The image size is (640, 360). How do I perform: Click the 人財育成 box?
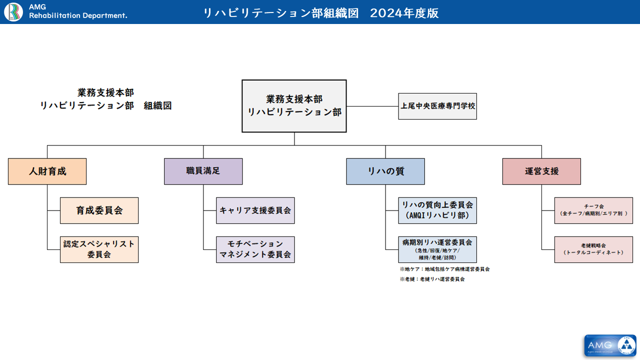click(x=47, y=171)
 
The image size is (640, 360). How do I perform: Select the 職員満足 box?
click(x=203, y=171)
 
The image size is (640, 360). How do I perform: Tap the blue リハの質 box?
click(x=385, y=171)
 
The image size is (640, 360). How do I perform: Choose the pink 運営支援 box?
click(x=541, y=171)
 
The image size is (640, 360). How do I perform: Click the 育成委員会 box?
click(x=99, y=210)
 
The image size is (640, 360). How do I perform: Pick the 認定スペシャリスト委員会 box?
click(x=99, y=249)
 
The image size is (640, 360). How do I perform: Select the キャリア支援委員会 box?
click(x=255, y=210)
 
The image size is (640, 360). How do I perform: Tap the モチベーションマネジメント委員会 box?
click(x=255, y=249)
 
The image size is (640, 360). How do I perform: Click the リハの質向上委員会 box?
click(x=437, y=210)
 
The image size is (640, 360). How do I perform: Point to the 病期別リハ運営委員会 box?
click(x=437, y=249)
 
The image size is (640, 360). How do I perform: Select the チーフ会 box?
click(x=593, y=210)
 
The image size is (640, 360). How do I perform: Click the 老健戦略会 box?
click(x=593, y=249)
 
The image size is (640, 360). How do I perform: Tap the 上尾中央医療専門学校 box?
click(x=437, y=106)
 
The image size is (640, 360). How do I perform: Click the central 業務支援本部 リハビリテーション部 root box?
click(x=294, y=106)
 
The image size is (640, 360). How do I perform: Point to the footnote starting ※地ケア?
click(x=444, y=269)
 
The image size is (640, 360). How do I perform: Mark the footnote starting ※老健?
click(x=432, y=279)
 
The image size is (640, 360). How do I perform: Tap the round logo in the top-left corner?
click(x=13, y=12)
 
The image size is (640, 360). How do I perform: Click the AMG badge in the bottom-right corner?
click(x=610, y=345)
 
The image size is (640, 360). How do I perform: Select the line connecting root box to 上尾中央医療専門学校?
click(x=372, y=106)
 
